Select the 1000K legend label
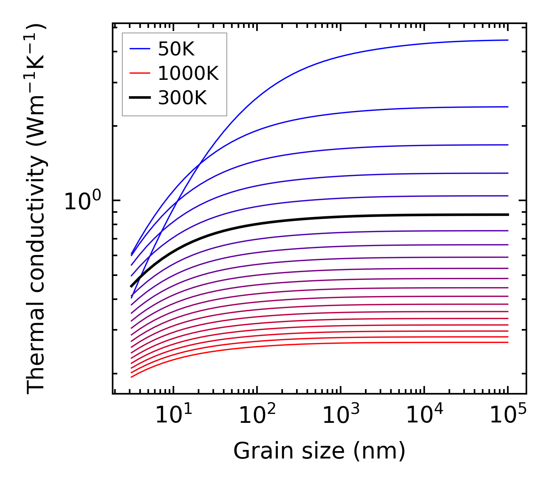pyautogui.click(x=188, y=73)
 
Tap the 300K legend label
pyautogui.click(x=182, y=98)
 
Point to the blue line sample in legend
pyautogui.click(x=139, y=49)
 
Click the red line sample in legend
pyautogui.click(x=139, y=73)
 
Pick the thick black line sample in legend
pyautogui.click(x=139, y=98)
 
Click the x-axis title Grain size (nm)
pyautogui.click(x=319, y=451)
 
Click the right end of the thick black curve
pyautogui.click(x=507, y=214)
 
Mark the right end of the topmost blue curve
pyautogui.click(x=507, y=40)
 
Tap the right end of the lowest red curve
pyautogui.click(x=507, y=342)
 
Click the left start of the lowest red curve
pyautogui.click(x=132, y=377)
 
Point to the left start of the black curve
pyautogui.click(x=131, y=286)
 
